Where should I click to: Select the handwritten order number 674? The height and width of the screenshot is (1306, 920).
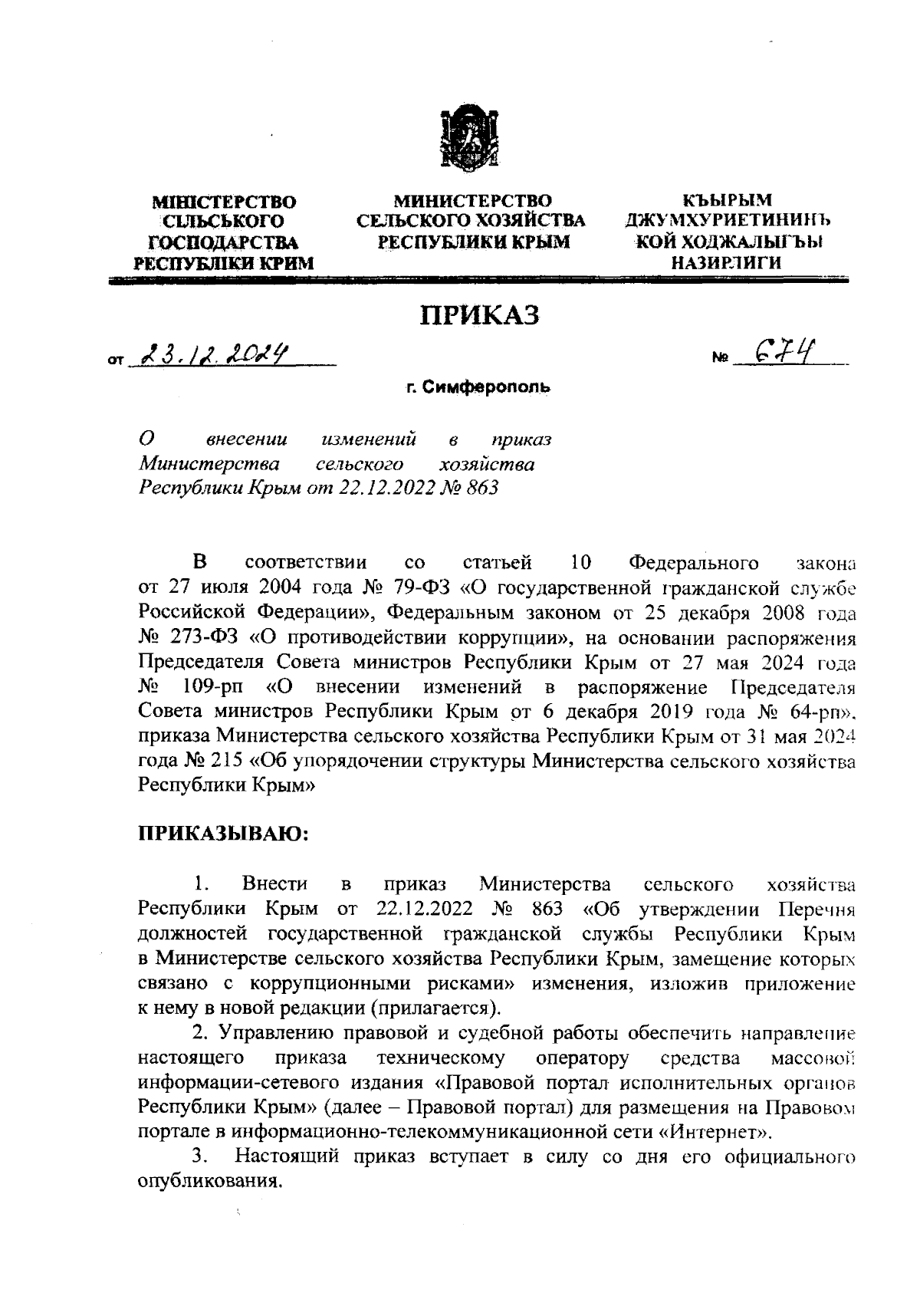click(784, 352)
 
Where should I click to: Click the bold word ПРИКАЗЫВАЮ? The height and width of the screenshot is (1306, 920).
click(223, 834)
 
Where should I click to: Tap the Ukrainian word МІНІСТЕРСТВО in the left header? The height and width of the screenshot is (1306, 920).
click(225, 202)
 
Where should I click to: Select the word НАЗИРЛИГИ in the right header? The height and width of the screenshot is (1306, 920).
click(726, 262)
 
